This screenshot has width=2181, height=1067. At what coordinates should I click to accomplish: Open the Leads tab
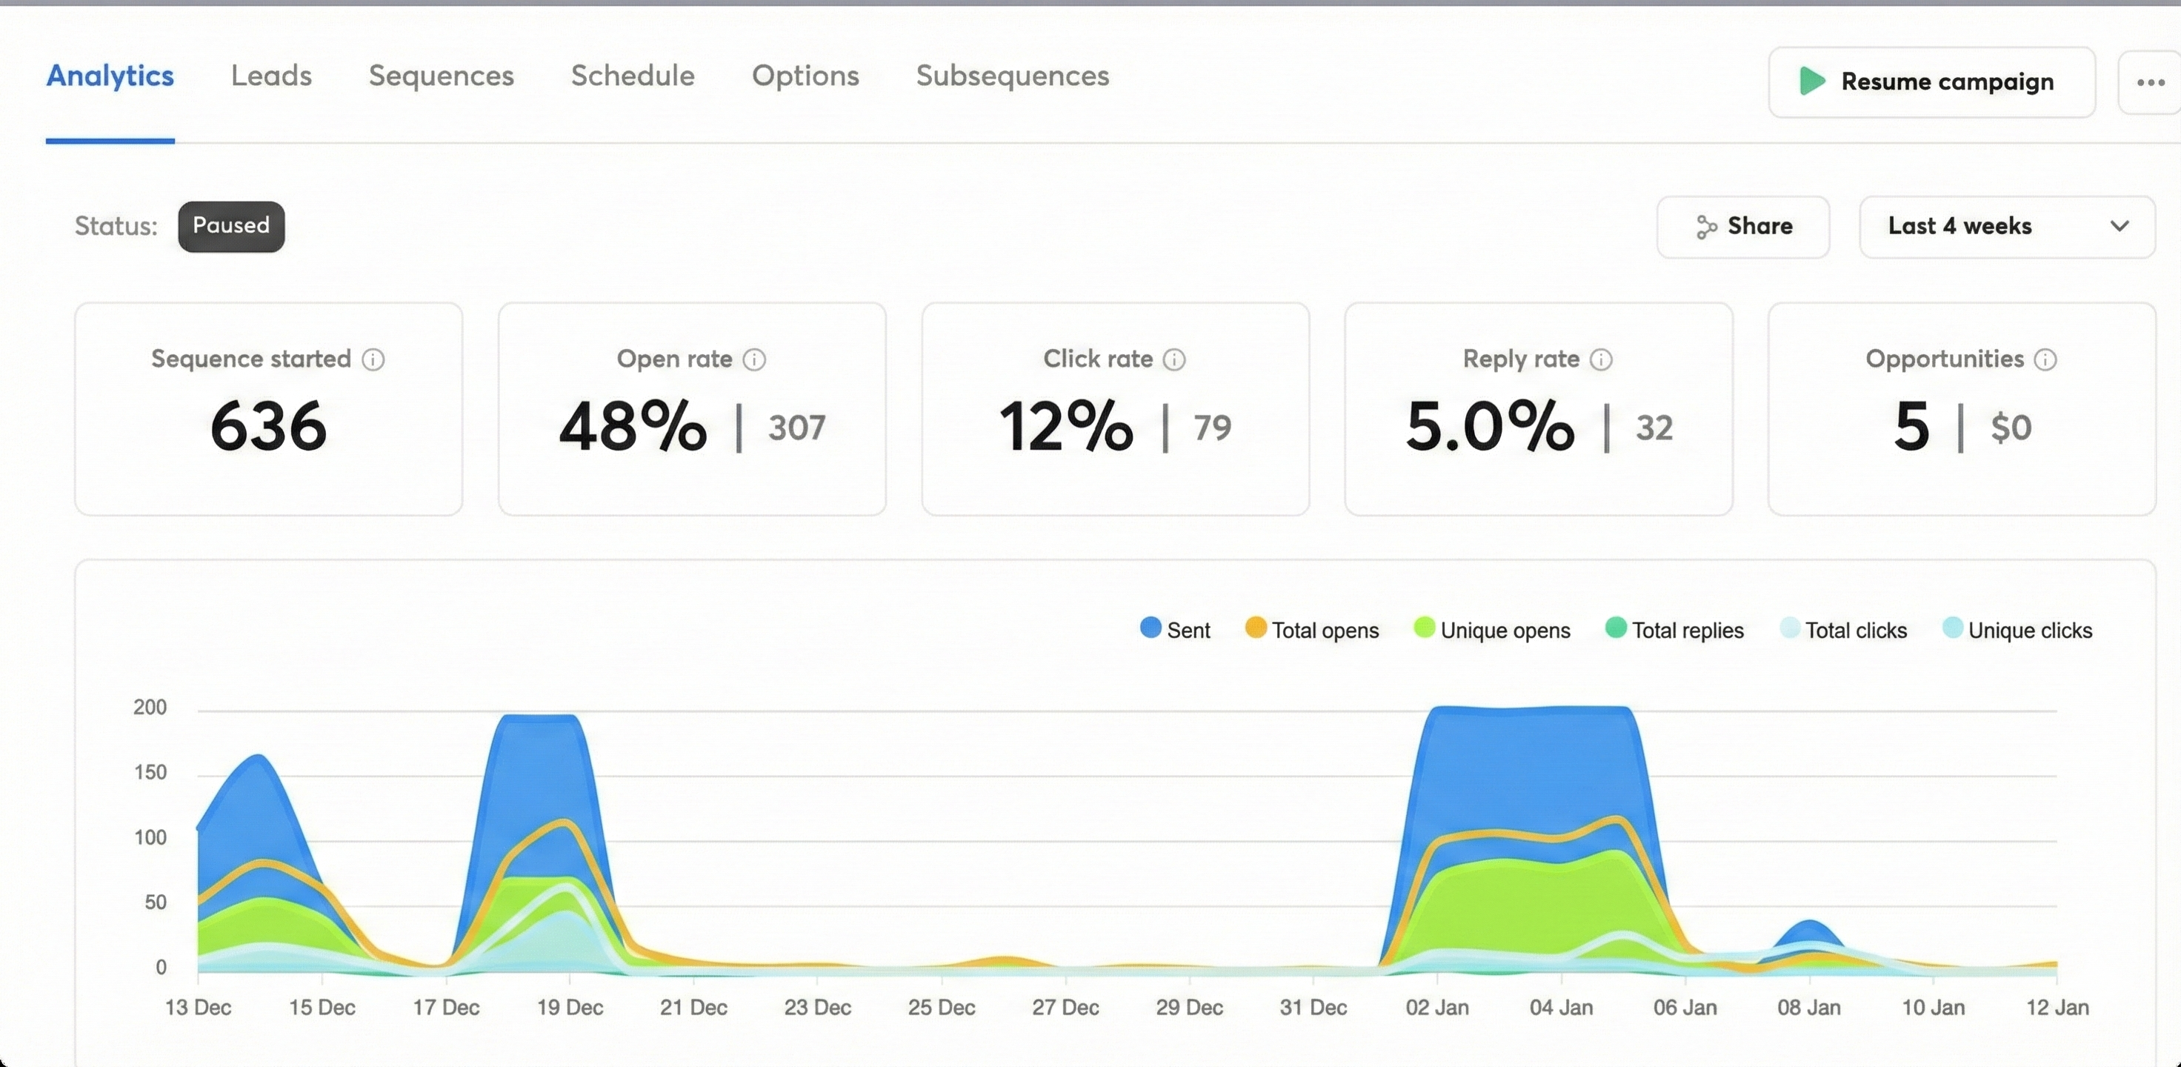[x=271, y=76]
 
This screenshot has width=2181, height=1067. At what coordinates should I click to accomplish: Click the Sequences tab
[x=441, y=76]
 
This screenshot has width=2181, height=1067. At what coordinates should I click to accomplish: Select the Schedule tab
[x=633, y=76]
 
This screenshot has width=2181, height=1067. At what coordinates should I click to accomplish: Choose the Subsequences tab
[x=1012, y=76]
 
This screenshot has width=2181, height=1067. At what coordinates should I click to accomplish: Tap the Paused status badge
[x=231, y=226]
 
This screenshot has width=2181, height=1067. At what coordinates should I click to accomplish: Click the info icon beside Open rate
[x=754, y=360]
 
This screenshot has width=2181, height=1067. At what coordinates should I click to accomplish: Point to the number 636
[x=268, y=426]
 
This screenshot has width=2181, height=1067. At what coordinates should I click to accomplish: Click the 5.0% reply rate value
[x=1489, y=426]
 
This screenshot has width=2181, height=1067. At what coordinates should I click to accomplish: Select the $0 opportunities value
[x=2011, y=428]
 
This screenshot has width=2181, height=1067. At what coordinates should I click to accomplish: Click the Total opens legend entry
[x=1311, y=630]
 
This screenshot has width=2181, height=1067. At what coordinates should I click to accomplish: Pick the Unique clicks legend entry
[x=2017, y=630]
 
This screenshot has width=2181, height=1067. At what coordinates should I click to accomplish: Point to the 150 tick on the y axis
[x=150, y=772]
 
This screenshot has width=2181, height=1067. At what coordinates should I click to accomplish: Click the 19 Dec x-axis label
[x=570, y=1008]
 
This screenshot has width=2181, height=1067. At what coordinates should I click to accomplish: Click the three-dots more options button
[x=2150, y=82]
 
